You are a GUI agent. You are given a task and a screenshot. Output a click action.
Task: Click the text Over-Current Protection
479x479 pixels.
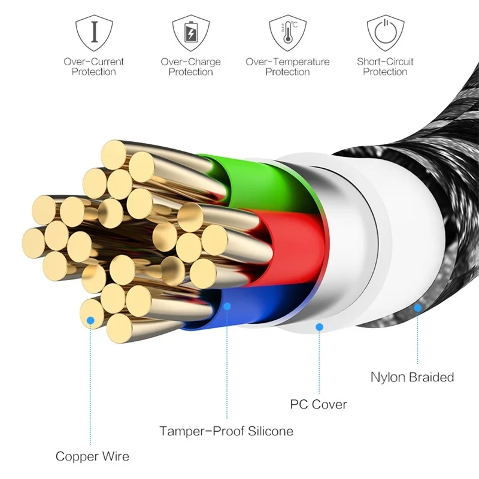point(94,66)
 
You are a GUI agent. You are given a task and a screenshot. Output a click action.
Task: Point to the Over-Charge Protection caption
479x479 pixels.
point(190,66)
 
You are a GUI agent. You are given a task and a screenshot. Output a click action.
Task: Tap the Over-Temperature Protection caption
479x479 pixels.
point(287,66)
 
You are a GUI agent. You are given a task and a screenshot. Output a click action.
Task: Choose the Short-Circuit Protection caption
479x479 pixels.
point(385,66)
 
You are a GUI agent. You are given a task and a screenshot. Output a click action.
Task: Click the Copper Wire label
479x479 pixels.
point(92,457)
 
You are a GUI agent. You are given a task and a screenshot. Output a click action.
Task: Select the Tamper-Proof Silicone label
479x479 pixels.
point(226,431)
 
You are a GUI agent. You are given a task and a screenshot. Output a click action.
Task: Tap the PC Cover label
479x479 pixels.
point(319,404)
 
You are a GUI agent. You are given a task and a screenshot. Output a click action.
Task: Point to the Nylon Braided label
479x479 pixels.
point(412,377)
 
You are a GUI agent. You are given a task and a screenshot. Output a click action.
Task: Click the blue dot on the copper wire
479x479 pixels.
point(91,321)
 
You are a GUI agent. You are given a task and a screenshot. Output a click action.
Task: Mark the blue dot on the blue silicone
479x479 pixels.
point(227,307)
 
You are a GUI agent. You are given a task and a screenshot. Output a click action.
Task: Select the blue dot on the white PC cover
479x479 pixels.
point(320,327)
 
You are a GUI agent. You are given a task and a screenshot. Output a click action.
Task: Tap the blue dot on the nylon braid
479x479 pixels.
point(417,307)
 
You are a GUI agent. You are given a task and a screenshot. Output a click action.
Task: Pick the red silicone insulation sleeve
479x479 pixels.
point(287,239)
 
